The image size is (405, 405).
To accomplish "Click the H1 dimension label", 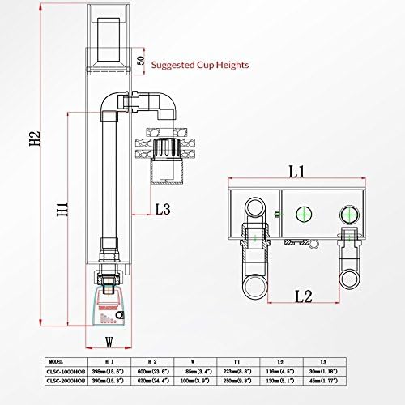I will pyautogui.click(x=61, y=212).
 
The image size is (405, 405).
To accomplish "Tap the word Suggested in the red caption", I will pyautogui.click(x=181, y=64).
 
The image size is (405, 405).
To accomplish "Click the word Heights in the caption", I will pyautogui.click(x=231, y=64).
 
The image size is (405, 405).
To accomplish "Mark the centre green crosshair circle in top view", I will pyautogui.click(x=305, y=214).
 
